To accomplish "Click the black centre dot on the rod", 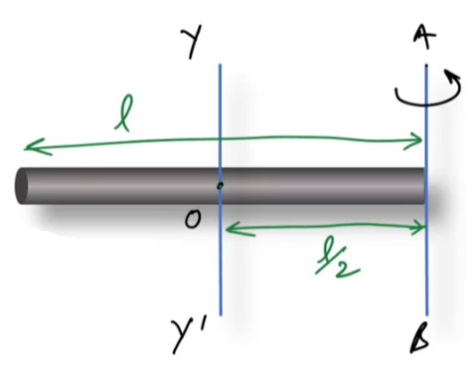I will [x=220, y=185].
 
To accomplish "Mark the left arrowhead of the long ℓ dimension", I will [x=26, y=148].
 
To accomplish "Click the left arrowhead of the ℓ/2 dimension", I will [x=228, y=230].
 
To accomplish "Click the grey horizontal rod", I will [x=119, y=186].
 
